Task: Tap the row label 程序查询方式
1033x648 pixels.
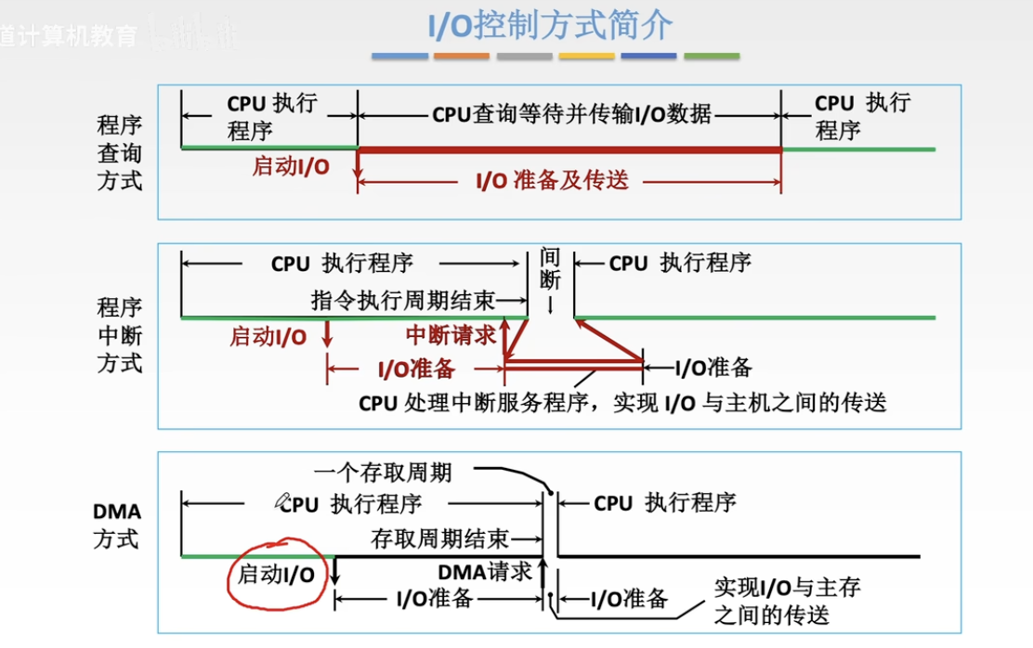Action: point(120,152)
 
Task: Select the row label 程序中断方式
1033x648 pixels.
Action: point(120,334)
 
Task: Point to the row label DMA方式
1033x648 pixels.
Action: point(117,525)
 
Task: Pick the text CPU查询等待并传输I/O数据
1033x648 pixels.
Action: point(571,114)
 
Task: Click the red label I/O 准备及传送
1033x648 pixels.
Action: point(552,181)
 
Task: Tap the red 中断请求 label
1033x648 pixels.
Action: point(451,335)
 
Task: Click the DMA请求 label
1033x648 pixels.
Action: point(485,572)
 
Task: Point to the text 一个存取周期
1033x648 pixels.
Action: point(383,473)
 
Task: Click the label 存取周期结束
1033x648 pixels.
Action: point(439,538)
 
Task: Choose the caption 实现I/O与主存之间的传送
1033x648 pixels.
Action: point(786,601)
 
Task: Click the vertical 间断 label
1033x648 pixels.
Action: point(550,269)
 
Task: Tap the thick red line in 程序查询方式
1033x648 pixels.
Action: point(569,149)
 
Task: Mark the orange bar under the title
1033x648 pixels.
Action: point(461,57)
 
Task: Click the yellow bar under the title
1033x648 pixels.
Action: point(586,57)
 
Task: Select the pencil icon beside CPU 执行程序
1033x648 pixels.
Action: point(283,501)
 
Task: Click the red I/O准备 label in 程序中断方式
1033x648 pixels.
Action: point(416,369)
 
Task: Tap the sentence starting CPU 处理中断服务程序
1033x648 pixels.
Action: point(622,403)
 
